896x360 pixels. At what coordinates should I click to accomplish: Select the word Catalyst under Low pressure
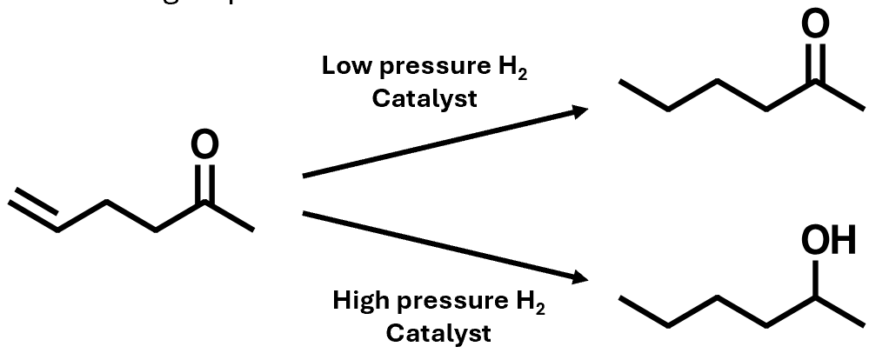(x=425, y=97)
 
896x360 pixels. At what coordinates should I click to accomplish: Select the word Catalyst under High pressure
(x=438, y=332)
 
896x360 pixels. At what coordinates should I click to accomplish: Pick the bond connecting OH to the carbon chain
(x=817, y=279)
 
